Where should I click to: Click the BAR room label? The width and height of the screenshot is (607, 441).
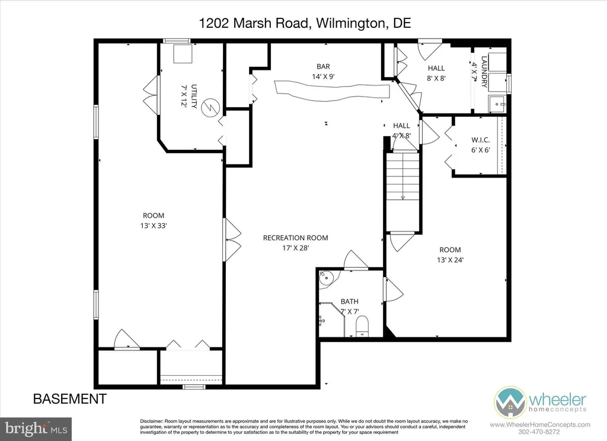click(x=323, y=66)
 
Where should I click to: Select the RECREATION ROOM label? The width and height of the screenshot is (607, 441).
click(x=295, y=238)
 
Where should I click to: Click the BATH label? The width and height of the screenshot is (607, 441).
click(x=350, y=301)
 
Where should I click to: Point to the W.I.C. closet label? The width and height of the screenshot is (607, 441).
click(x=480, y=140)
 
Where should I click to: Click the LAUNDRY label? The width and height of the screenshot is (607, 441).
click(x=484, y=72)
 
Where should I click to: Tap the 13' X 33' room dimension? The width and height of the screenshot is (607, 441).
click(x=154, y=226)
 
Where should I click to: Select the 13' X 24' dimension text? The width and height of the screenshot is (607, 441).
click(x=451, y=260)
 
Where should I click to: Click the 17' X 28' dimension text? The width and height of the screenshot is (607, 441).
click(x=295, y=248)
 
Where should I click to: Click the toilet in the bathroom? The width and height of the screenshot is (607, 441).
click(x=362, y=326)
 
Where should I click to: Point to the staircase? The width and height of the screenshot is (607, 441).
click(x=402, y=191)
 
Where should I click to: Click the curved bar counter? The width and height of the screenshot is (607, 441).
click(x=332, y=91)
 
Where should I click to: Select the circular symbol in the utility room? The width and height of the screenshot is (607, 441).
click(x=211, y=107)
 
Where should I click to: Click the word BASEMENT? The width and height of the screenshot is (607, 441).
click(x=70, y=398)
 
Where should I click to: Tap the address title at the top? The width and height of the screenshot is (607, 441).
click(x=305, y=23)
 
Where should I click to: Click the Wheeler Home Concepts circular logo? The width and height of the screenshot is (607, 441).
click(x=510, y=403)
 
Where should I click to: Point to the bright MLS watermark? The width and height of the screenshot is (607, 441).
click(x=36, y=429)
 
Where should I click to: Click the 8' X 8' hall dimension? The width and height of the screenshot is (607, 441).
click(x=436, y=78)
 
